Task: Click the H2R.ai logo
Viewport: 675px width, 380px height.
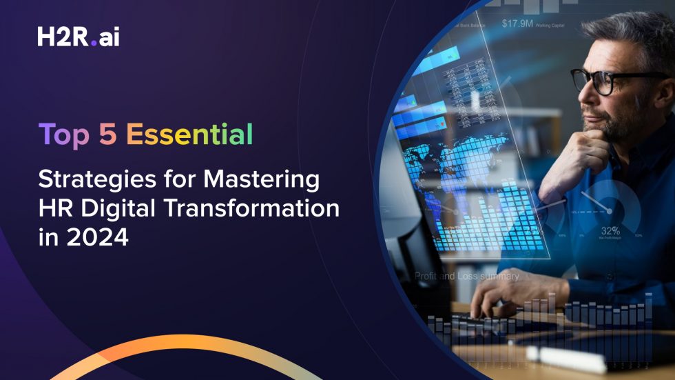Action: [x=78, y=37]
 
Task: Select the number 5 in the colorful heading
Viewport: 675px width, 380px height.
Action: [x=107, y=135]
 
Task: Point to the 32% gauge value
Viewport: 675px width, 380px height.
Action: [x=610, y=230]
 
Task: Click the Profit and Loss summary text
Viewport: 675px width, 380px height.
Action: [x=467, y=276]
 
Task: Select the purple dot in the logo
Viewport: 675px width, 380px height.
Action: [x=94, y=43]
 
